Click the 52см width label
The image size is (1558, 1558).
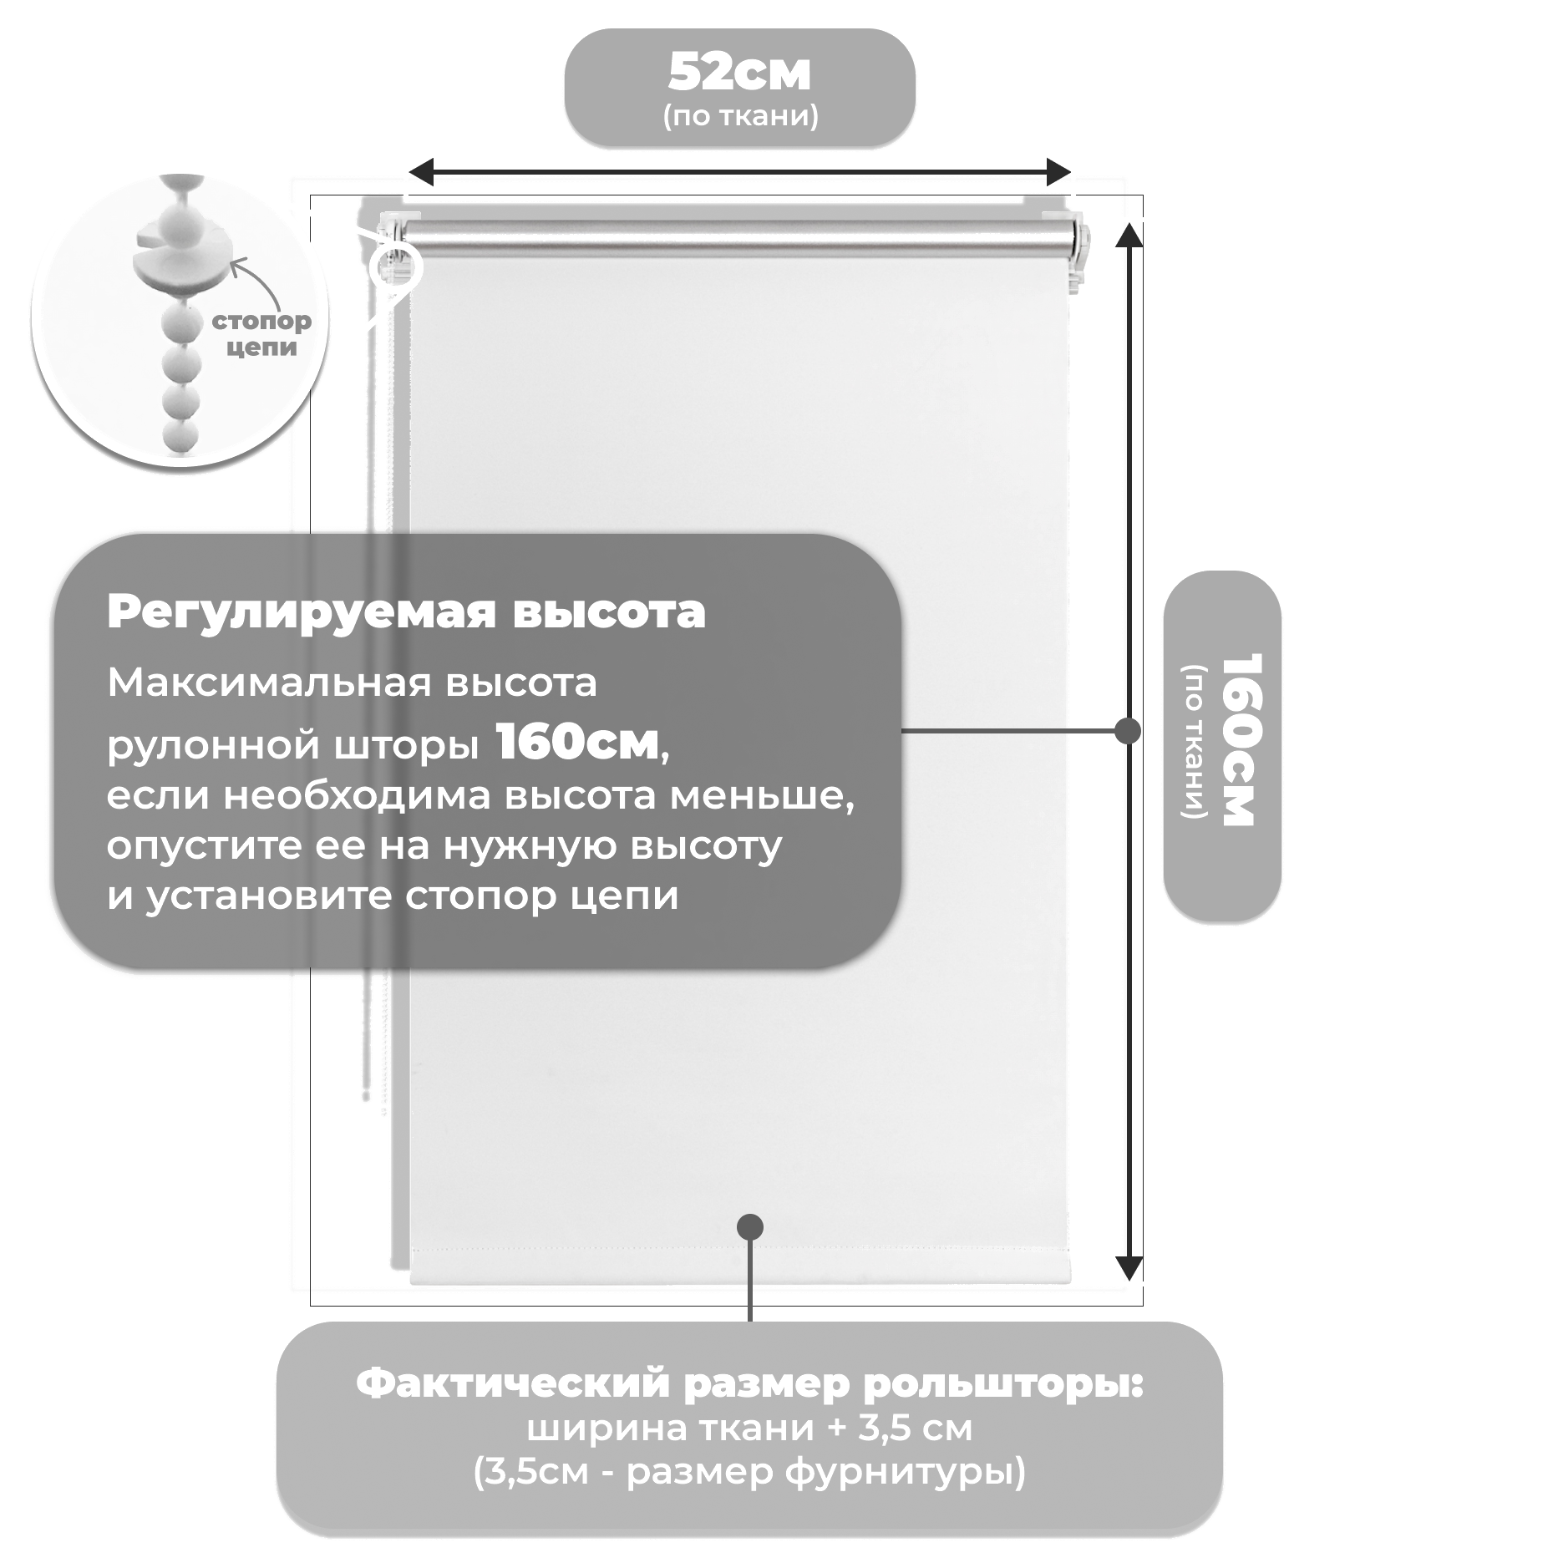click(739, 73)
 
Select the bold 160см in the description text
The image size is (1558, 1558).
click(577, 741)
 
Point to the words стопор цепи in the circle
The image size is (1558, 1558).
click(261, 334)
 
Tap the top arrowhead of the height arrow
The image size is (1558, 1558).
click(1129, 236)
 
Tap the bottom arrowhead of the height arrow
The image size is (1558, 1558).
click(1129, 1268)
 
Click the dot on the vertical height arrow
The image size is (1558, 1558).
click(1128, 731)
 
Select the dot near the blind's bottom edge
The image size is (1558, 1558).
click(750, 1226)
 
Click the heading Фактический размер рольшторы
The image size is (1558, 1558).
click(749, 1383)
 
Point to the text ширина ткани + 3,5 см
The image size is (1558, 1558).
click(749, 1428)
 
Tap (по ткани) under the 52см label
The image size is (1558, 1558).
click(740, 115)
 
